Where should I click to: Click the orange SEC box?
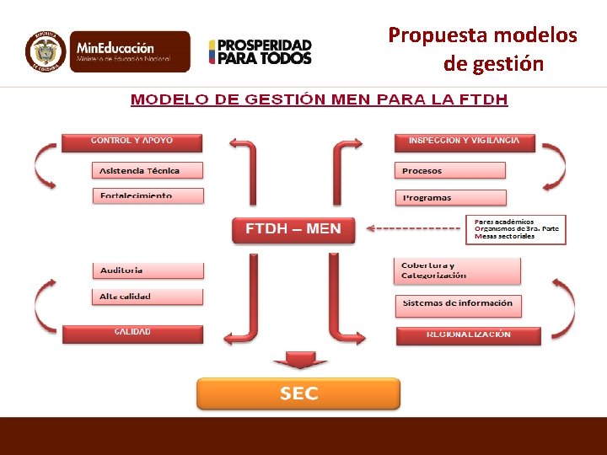pos(298,393)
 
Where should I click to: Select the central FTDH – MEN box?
pos(293,229)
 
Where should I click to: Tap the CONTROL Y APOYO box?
pos(132,142)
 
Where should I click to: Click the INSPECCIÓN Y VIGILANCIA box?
pos(464,142)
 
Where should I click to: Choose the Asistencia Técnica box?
pos(148,170)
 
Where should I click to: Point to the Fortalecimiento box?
pos(148,195)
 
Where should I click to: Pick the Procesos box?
pos(450,171)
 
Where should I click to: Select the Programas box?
pos(450,198)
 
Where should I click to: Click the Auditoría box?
pos(148,270)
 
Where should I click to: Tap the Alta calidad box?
pos(148,297)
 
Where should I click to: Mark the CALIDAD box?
pos(132,333)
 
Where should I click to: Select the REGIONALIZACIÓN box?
pos(469,335)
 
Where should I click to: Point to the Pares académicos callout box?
pos(516,229)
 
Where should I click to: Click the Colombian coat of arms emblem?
pos(46,51)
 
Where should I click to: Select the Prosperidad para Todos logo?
pos(261,52)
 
